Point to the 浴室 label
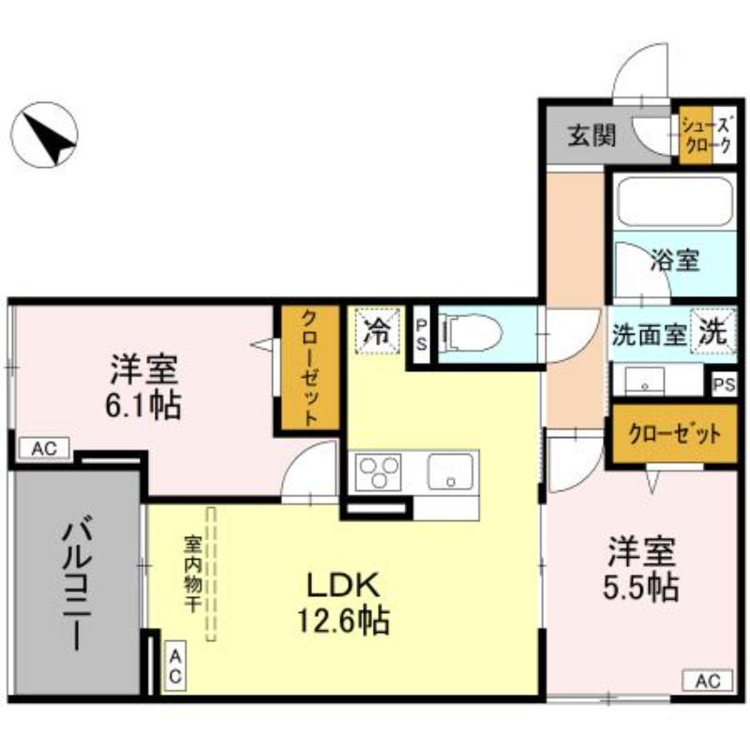675,261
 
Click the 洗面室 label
650,334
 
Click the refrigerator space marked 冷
377,331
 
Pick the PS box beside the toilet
422,334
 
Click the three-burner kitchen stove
378,470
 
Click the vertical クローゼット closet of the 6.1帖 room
307,370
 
